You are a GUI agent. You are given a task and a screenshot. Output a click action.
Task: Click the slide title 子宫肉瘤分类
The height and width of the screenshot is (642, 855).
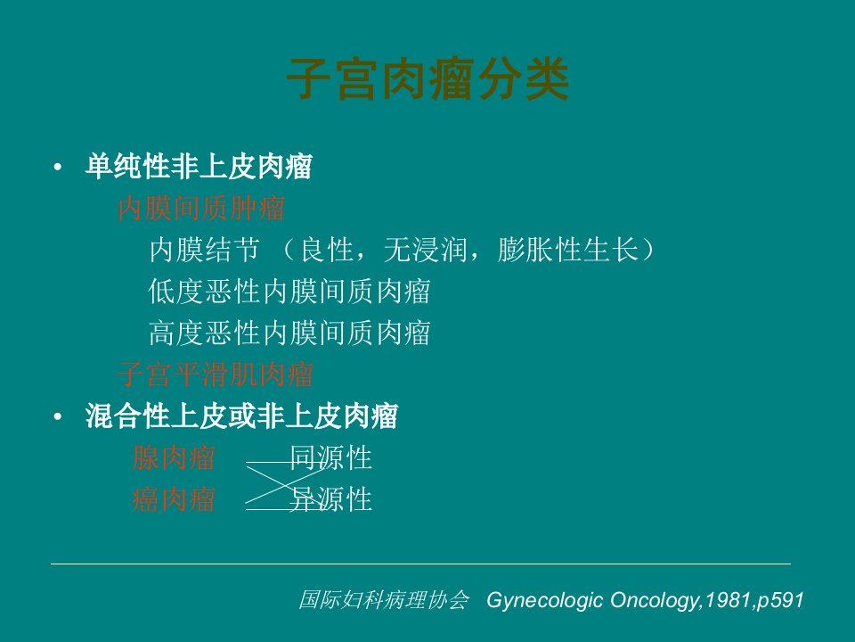pos(428,79)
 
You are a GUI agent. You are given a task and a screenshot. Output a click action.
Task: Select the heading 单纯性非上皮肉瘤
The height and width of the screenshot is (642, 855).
pos(199,167)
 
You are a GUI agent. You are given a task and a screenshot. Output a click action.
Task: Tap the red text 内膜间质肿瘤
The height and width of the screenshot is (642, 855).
pos(201,208)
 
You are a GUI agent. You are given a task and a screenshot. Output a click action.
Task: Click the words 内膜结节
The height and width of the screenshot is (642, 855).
pos(205,250)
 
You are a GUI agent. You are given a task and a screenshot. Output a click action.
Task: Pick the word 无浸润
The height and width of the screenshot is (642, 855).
pos(426,250)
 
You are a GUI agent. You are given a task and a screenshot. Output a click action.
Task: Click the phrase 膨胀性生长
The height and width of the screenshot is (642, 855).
pos(567,250)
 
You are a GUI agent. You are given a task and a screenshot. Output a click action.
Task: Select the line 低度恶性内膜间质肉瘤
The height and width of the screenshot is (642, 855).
pos(289,292)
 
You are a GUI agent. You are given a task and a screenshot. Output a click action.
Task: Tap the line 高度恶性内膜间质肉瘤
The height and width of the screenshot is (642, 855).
pos(289,333)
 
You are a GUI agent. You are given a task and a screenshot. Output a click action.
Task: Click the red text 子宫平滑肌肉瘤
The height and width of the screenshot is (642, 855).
pos(216,374)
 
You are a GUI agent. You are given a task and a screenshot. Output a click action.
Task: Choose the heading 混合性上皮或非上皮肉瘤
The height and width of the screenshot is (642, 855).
pos(241,416)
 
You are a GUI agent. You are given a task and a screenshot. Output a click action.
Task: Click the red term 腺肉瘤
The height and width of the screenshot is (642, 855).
pos(174,458)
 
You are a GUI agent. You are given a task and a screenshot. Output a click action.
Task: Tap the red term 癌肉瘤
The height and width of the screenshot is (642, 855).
pos(174,499)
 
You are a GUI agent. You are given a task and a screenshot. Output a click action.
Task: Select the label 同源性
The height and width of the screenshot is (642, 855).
pos(331,458)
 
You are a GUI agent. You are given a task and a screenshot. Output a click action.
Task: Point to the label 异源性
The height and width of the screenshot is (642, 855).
pos(331,499)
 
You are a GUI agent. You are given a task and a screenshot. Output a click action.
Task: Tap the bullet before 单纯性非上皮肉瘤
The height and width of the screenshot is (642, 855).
pos(58,167)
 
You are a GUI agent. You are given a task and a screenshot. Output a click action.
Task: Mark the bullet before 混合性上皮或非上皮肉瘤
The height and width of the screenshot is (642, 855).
pos(58,417)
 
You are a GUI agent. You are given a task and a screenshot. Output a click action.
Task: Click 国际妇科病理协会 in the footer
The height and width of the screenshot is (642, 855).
pos(384,599)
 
